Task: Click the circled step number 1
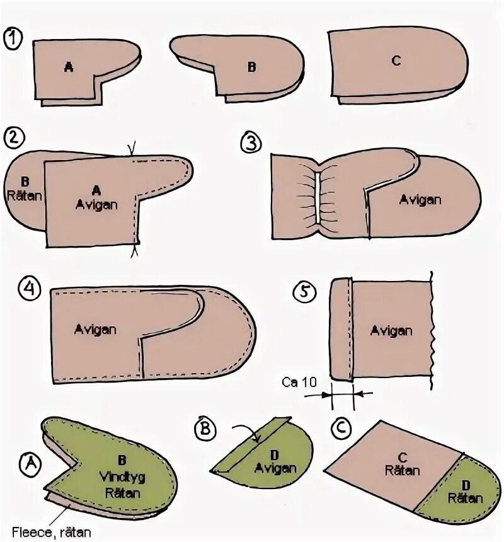12,38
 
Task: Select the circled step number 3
250,142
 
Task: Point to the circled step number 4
29,289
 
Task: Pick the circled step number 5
305,291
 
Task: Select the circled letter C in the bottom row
340,429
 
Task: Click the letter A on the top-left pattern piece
68,67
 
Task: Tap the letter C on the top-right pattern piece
396,61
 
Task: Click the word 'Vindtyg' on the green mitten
122,478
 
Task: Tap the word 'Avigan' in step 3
420,200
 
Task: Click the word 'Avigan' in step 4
94,328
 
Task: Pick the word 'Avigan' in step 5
391,330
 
